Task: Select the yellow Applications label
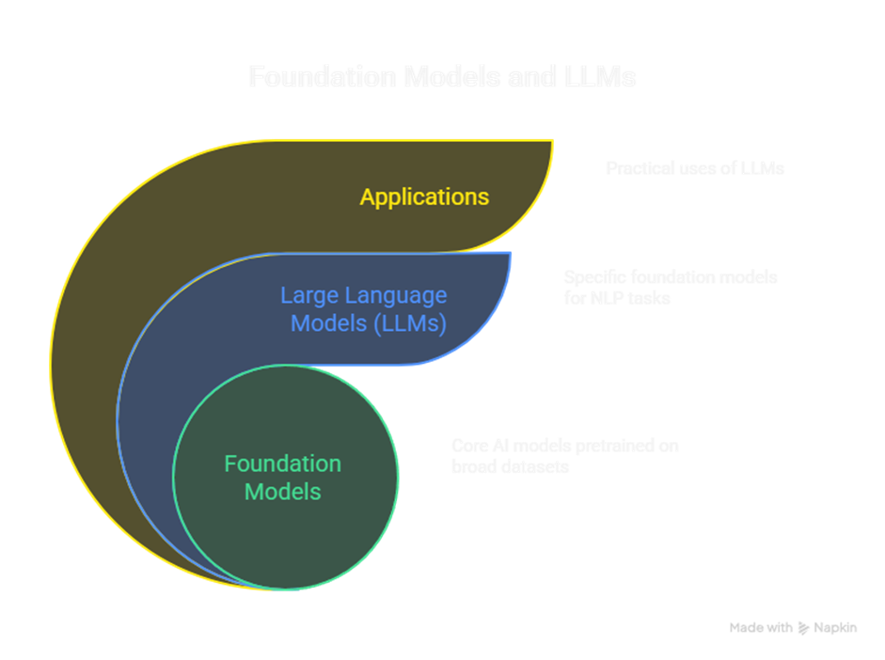424,196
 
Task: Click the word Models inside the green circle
283,492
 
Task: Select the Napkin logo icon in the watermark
803,628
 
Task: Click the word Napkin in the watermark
836,628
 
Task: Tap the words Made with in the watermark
761,628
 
